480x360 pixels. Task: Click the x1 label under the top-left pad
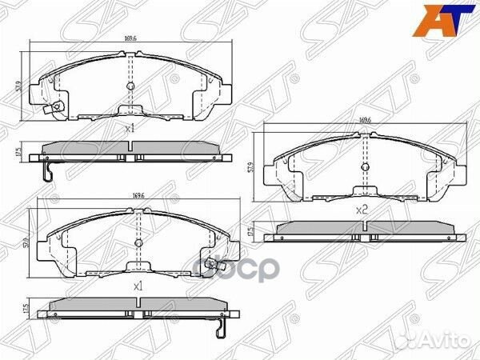pos(130,128)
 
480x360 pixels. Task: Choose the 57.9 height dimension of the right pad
pos(250,167)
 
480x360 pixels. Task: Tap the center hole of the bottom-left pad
pos(137,242)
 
